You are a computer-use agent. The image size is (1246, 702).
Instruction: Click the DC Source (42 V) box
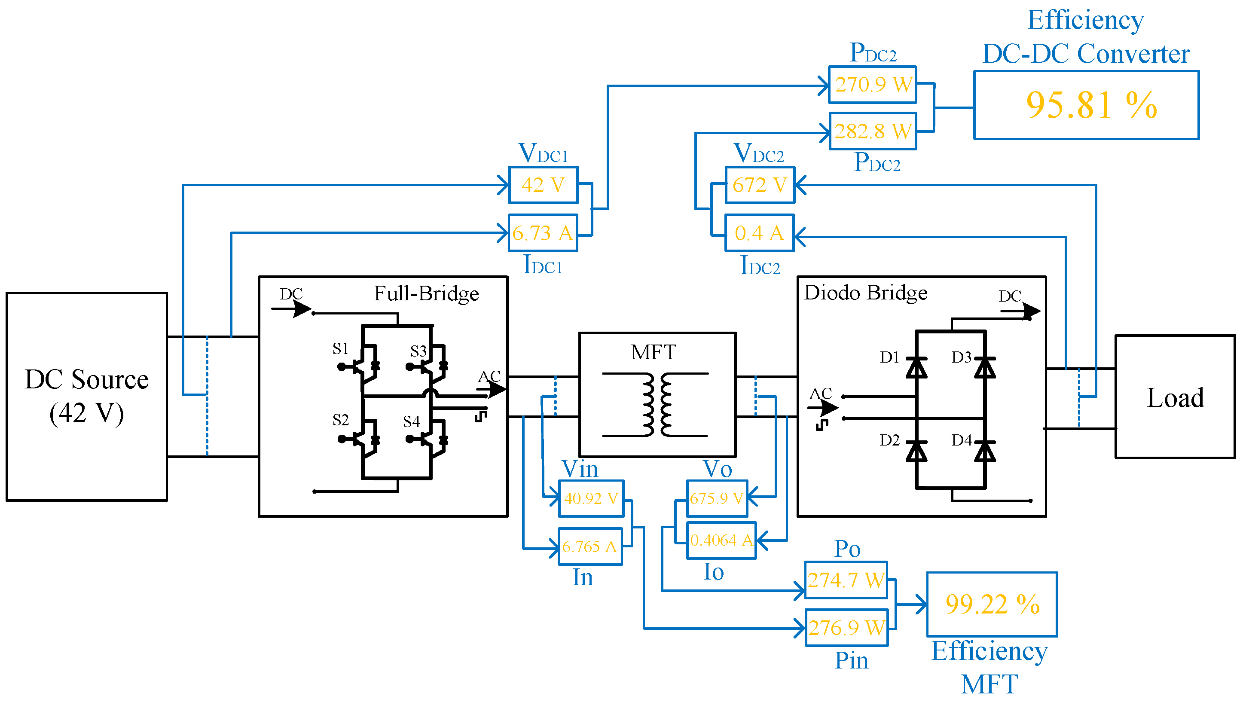pyautogui.click(x=87, y=397)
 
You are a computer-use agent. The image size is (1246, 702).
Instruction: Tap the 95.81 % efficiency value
pyautogui.click(x=1091, y=105)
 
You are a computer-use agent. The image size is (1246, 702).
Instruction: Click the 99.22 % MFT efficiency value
pyautogui.click(x=993, y=605)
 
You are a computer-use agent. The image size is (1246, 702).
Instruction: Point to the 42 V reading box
pyautogui.click(x=544, y=185)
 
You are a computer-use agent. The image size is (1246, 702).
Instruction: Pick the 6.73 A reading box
pyautogui.click(x=543, y=233)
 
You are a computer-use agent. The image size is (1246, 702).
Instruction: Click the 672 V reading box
pyautogui.click(x=760, y=185)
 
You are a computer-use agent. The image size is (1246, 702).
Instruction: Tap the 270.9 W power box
pyautogui.click(x=873, y=85)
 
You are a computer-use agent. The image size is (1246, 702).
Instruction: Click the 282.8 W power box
pyautogui.click(x=873, y=131)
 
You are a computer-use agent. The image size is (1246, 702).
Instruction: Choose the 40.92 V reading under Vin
pyautogui.click(x=591, y=498)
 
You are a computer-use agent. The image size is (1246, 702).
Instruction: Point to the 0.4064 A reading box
pyautogui.click(x=721, y=540)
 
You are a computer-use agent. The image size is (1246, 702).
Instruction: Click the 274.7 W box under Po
pyautogui.click(x=846, y=580)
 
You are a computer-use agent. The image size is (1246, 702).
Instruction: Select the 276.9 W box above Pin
pyautogui.click(x=846, y=628)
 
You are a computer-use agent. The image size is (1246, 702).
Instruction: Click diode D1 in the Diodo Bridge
pyautogui.click(x=916, y=368)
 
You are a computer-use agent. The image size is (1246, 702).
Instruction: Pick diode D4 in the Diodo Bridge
pyautogui.click(x=985, y=452)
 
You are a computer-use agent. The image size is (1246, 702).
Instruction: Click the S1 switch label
pyautogui.click(x=341, y=348)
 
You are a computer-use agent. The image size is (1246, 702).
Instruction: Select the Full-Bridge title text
pyautogui.click(x=426, y=294)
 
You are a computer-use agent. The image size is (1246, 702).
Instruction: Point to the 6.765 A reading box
pyautogui.click(x=590, y=547)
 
